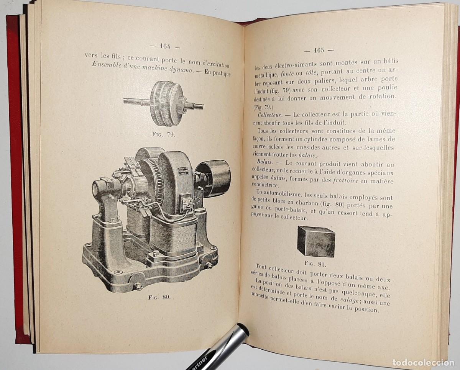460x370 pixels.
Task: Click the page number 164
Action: pos(165,46)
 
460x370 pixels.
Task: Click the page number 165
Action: pos(319,50)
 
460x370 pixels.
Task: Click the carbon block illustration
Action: pos(317,241)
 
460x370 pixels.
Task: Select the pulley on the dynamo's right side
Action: pos(214,178)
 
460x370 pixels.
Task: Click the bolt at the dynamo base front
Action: pos(138,286)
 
